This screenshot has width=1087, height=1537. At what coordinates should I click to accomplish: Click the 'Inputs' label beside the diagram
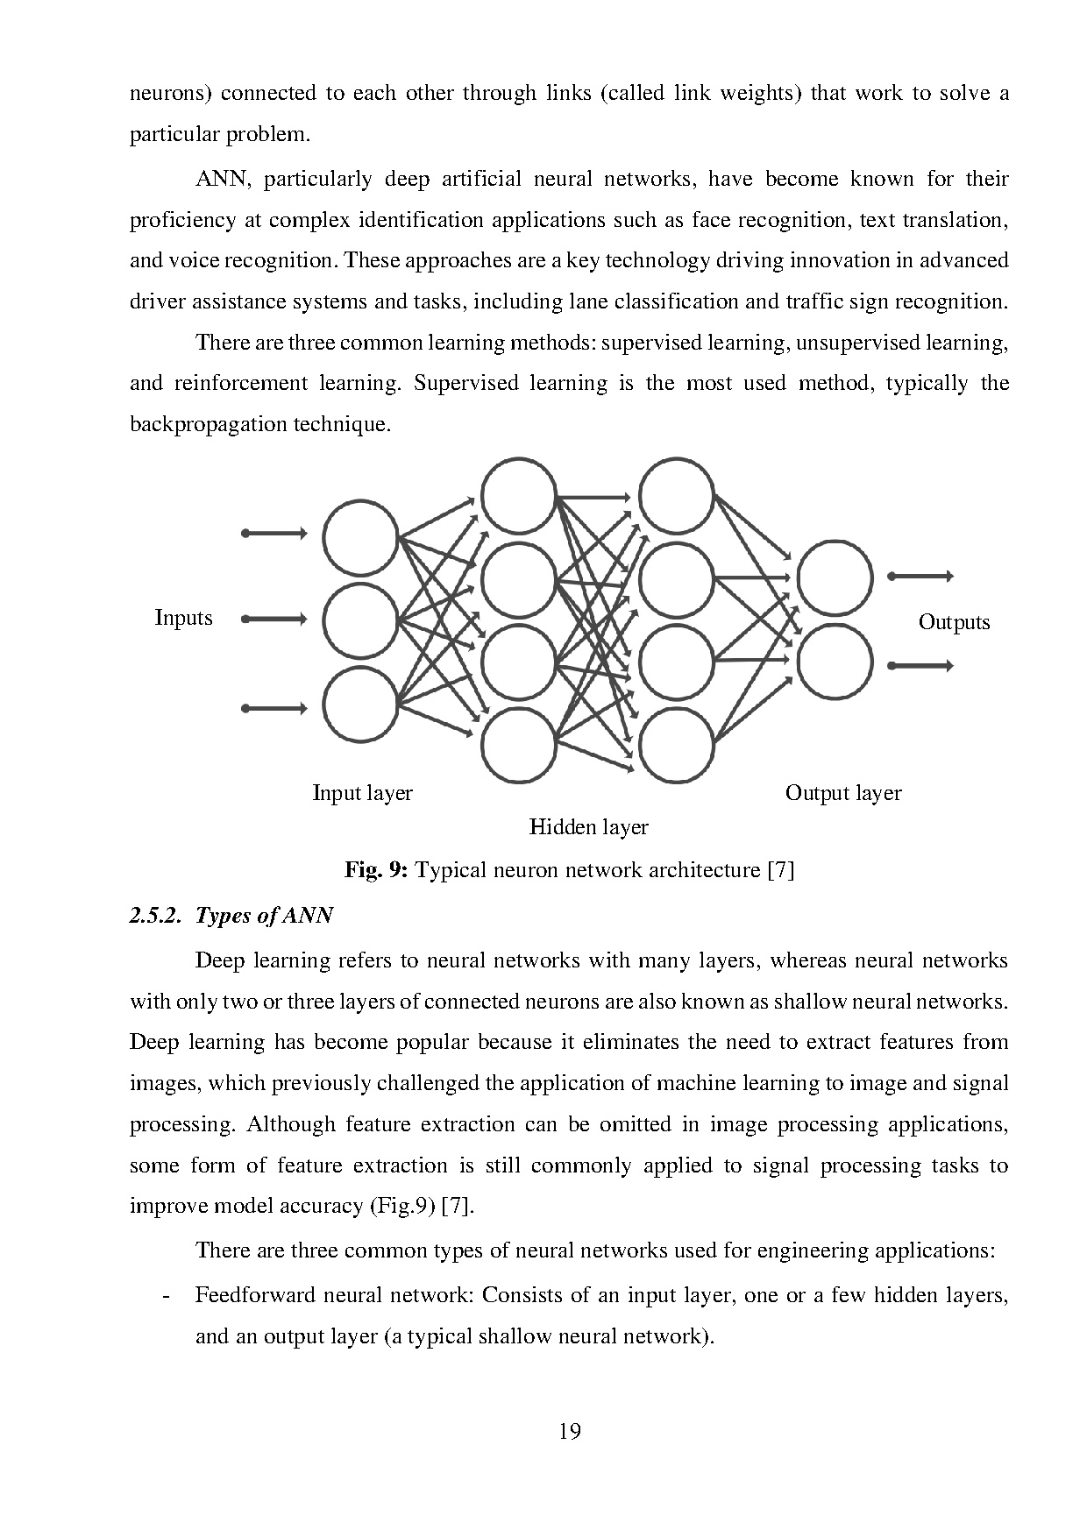(183, 618)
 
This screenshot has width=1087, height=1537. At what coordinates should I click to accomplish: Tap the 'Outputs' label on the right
(954, 622)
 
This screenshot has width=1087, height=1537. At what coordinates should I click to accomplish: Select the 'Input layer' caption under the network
(362, 793)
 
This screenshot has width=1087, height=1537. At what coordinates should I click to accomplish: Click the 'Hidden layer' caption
(588, 826)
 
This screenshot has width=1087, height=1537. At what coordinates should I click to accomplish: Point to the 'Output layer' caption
(842, 793)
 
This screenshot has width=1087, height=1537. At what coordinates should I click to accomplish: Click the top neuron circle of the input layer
(360, 537)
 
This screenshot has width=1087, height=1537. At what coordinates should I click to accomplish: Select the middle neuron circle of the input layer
(360, 620)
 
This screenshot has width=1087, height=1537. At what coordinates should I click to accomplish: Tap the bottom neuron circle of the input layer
(360, 705)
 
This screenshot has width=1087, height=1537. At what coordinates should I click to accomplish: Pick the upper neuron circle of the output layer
(835, 578)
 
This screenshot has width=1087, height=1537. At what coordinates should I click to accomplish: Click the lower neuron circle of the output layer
(835, 662)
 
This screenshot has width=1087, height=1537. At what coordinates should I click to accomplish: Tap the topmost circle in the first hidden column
(519, 496)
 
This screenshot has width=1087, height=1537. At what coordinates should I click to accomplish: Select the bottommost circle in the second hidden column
(676, 745)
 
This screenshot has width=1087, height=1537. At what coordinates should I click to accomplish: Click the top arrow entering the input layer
(274, 533)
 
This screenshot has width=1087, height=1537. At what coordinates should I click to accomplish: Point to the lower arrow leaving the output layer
(920, 666)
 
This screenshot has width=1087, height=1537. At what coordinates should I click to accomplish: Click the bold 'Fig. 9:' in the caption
(375, 870)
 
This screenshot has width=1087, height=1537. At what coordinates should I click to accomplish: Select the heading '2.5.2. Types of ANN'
(231, 916)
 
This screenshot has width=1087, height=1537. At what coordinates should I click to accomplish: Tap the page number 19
(569, 1432)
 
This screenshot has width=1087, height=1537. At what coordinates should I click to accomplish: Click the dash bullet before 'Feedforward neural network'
(166, 1296)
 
